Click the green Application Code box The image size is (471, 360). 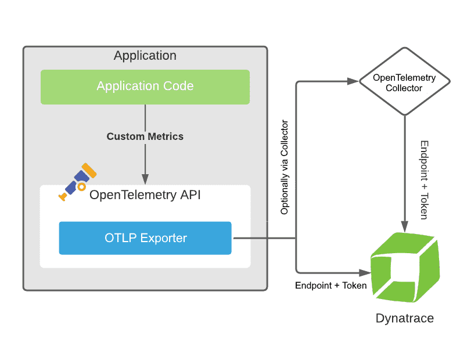[145, 87]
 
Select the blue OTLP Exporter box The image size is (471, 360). [145, 238]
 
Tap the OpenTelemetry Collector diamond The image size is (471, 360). [405, 81]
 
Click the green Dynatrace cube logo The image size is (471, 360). [405, 267]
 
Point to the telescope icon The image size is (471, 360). [77, 182]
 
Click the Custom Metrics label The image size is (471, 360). [145, 136]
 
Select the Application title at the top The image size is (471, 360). [145, 56]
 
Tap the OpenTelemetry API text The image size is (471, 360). [145, 195]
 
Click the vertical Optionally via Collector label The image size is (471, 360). [284, 167]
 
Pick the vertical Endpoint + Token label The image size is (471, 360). [424, 180]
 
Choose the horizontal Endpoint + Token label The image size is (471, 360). [330, 285]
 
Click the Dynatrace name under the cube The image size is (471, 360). [405, 318]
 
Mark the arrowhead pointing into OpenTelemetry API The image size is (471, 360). [145, 179]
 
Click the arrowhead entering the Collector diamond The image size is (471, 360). [353, 81]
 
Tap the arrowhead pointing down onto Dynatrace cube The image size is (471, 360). [405, 226]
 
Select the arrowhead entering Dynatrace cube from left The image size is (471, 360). [365, 273]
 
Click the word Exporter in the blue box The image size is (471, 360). [164, 238]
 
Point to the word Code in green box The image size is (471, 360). [178, 86]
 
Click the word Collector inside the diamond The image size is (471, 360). [404, 88]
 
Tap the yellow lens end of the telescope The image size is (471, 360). [89, 170]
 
